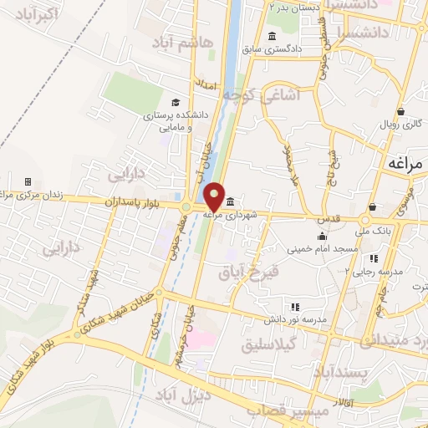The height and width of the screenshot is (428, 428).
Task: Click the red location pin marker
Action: pyautogui.click(x=215, y=197)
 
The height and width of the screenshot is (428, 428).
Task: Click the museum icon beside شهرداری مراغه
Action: pyautogui.click(x=230, y=200)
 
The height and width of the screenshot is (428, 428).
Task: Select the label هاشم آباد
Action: pyautogui.click(x=182, y=42)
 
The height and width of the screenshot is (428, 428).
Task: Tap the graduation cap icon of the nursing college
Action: pyautogui.click(x=174, y=103)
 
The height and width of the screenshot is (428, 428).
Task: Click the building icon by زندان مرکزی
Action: pyautogui.click(x=28, y=181)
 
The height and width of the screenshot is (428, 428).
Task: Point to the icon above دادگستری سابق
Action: pyautogui.click(x=273, y=35)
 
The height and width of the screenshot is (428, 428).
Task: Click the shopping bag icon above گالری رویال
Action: pyautogui.click(x=401, y=110)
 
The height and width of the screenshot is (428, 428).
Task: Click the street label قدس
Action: pyautogui.click(x=326, y=218)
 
